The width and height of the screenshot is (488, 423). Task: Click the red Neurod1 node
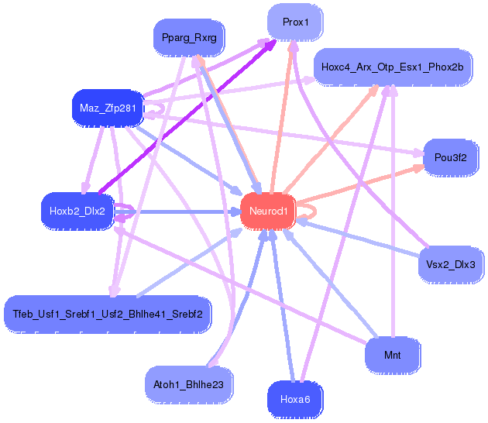click(268, 211)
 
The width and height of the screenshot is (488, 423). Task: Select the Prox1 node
click(295, 22)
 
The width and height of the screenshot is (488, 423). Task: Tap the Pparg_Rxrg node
click(189, 38)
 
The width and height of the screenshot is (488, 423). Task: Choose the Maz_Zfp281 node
click(108, 108)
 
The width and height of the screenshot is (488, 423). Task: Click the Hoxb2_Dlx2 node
click(77, 211)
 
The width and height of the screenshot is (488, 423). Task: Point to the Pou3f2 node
click(450, 157)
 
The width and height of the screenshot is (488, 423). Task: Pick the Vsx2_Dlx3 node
click(451, 265)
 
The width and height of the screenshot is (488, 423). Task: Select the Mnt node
click(392, 355)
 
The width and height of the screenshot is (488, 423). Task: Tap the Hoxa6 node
click(295, 399)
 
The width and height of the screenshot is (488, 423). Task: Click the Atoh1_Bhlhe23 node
click(188, 385)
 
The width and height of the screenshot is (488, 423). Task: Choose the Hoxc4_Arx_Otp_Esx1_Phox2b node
click(393, 67)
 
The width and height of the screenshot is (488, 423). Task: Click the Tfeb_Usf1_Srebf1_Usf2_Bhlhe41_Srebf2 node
click(108, 314)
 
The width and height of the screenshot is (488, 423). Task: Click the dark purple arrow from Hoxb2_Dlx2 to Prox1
click(187, 117)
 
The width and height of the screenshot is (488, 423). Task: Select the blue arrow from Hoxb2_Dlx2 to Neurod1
click(177, 212)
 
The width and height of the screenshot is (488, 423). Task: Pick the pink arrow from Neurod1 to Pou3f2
click(359, 184)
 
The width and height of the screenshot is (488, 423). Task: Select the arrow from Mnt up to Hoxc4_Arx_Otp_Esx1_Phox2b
click(393, 211)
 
